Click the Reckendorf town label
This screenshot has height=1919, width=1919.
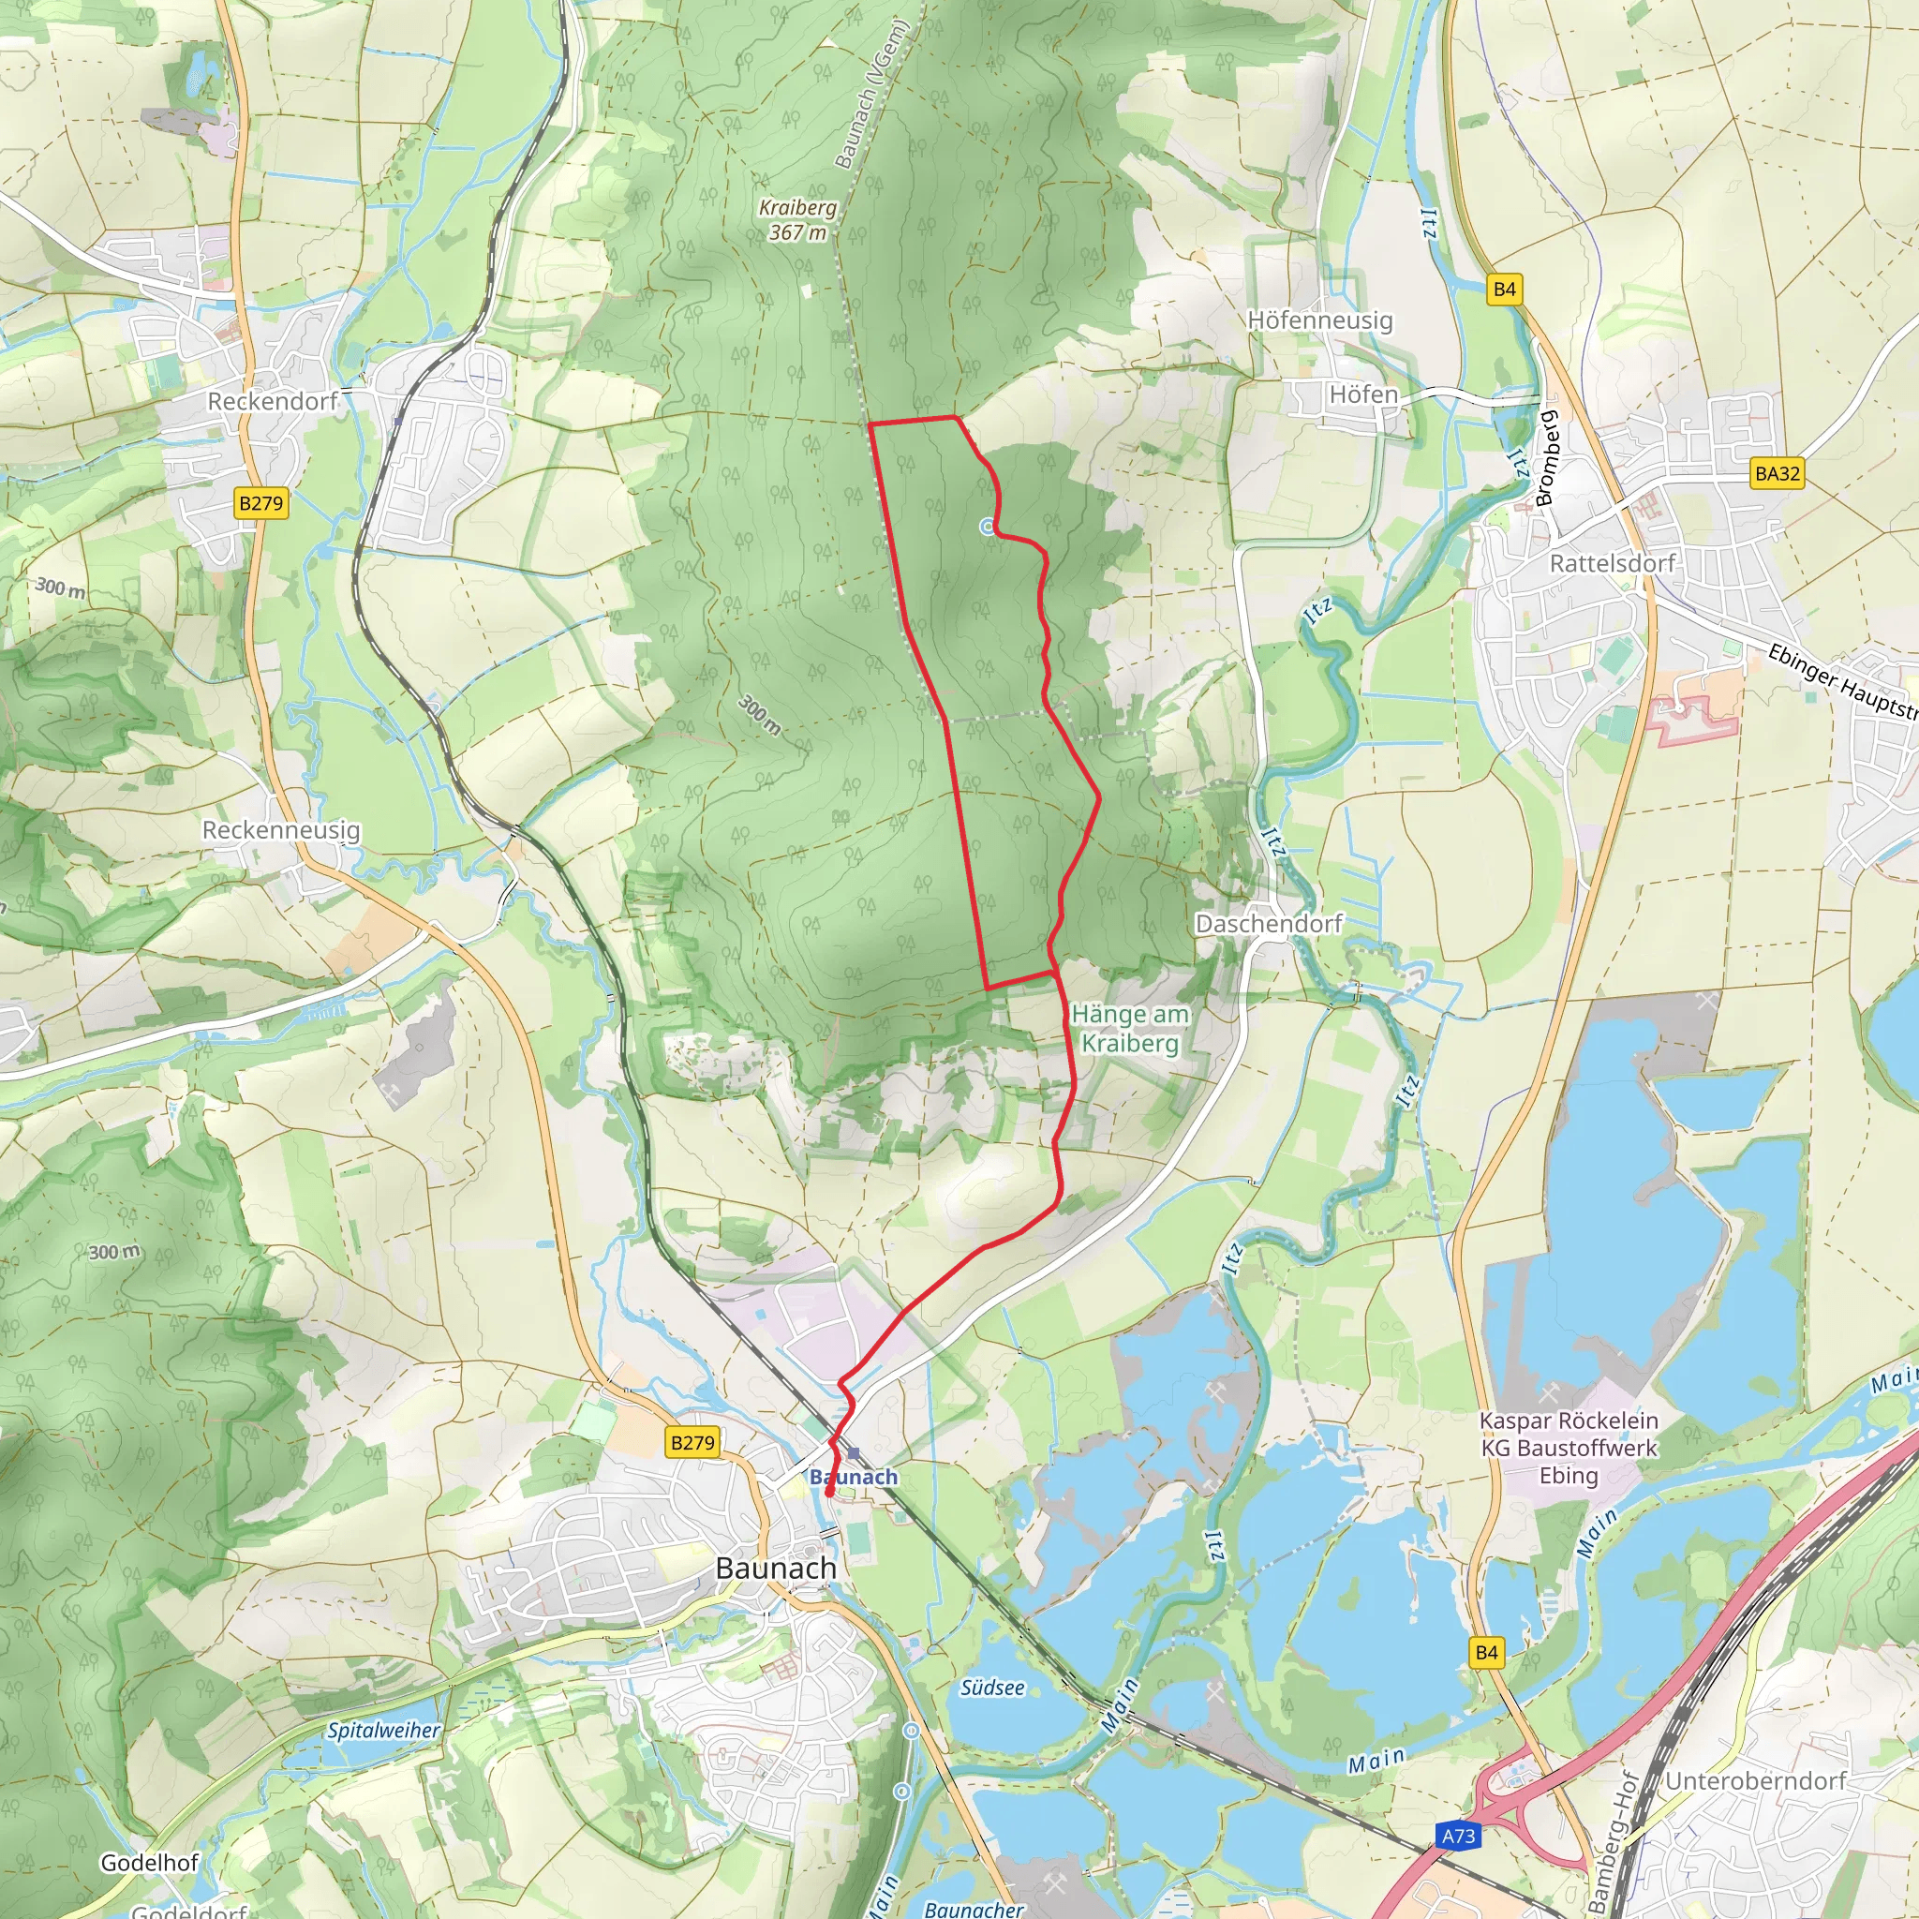pos(272,401)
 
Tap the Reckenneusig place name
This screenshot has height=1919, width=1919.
pos(281,830)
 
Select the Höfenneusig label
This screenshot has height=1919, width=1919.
pos(1320,320)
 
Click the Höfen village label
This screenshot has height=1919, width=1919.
pos(1362,395)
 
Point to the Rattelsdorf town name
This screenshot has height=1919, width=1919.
pos(1612,564)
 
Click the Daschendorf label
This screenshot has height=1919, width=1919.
pos(1269,924)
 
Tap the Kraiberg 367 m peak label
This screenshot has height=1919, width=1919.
pos(797,219)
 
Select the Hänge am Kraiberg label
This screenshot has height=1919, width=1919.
pos(1130,1029)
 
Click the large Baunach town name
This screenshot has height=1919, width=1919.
pos(776,1569)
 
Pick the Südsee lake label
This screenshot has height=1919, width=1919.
pos(992,1688)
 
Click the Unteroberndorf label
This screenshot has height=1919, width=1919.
pos(1755,1781)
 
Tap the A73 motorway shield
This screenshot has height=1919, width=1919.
pos(1458,1836)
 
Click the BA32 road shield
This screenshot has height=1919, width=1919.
pos(1777,474)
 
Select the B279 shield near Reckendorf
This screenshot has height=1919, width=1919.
pos(261,503)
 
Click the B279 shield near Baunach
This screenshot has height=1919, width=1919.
pos(692,1442)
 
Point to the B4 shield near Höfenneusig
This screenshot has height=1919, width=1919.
pos(1505,290)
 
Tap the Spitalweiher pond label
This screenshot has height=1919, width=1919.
pos(383,1731)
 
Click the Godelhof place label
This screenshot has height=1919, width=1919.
pos(149,1864)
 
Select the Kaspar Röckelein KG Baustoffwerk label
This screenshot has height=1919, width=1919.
pos(1569,1449)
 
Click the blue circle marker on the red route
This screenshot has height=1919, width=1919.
pos(988,527)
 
